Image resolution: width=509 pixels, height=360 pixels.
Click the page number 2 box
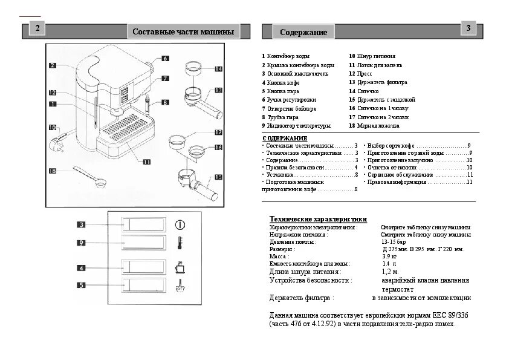(37, 28)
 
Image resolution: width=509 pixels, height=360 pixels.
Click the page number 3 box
(468, 27)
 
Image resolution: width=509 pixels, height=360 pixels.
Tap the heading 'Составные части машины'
(182, 31)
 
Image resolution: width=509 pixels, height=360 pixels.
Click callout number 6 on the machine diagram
(165, 59)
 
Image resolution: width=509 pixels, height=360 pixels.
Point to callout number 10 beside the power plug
(53, 128)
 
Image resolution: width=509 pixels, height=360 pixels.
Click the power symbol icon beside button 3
(179, 224)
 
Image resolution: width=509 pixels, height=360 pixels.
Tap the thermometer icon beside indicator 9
(179, 243)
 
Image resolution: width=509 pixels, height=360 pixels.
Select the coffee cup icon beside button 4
(179, 266)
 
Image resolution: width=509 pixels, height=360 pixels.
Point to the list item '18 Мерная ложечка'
(374, 126)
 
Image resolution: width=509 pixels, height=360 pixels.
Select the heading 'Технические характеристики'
(318, 218)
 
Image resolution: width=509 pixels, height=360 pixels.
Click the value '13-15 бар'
(394, 241)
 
